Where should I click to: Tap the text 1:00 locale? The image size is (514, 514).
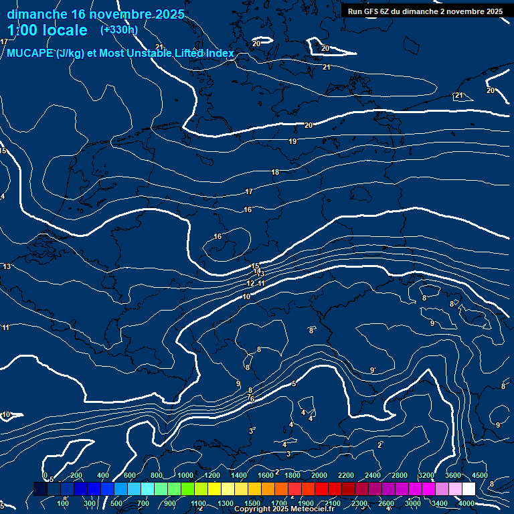[x=47, y=30]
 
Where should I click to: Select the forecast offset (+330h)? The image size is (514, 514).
[x=118, y=29]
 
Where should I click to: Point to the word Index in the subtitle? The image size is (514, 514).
[x=219, y=54]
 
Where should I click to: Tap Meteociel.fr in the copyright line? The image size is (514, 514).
[x=312, y=509]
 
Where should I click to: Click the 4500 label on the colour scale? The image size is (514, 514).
[x=479, y=475]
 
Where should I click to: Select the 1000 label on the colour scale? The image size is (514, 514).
[x=185, y=475]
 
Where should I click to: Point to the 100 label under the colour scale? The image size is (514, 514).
[x=63, y=503]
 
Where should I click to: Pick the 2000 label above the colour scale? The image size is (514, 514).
[x=319, y=475]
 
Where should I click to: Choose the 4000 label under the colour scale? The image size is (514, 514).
[x=466, y=503]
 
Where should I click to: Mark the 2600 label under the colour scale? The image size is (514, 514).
[x=386, y=503]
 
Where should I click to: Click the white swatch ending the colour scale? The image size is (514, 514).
[x=468, y=489]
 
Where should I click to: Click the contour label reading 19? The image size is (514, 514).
[x=292, y=142]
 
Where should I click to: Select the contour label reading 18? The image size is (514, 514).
[x=275, y=173]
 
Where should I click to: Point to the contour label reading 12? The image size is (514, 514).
[x=250, y=284]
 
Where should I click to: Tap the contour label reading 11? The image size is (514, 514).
[x=262, y=284]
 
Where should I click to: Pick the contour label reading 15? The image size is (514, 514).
[x=255, y=266]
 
